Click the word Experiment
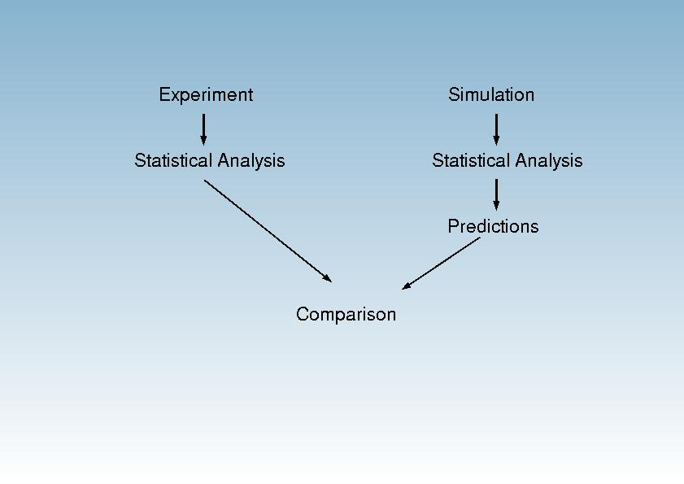[x=206, y=95]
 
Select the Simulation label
[x=491, y=94]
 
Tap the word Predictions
[x=493, y=226]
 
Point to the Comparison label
[x=346, y=315]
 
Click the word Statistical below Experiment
[x=173, y=160]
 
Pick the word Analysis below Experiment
[x=251, y=161]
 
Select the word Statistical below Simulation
[x=471, y=160]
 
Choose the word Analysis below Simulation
[x=549, y=161]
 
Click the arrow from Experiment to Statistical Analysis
[x=203, y=129]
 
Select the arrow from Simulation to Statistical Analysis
[x=496, y=129]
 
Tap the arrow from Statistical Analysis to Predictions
[x=496, y=194]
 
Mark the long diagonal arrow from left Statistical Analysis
[x=268, y=231]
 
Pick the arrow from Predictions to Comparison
[x=441, y=264]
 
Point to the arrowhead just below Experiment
[x=203, y=141]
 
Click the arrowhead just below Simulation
[x=496, y=141]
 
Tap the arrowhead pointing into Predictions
[x=496, y=206]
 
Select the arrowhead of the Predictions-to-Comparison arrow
[x=406, y=286]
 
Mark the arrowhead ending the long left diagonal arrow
[x=327, y=278]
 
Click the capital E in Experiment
[x=164, y=94]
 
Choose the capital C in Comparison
[x=303, y=314]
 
